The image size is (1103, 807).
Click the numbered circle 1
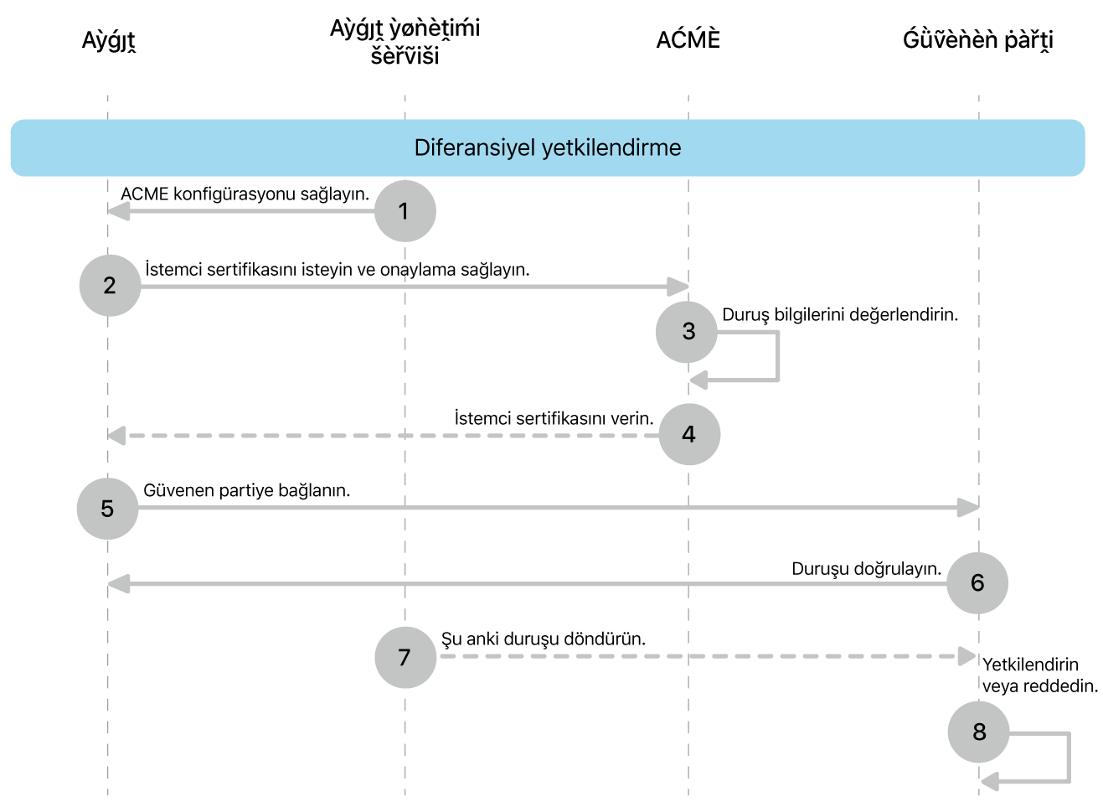pyautogui.click(x=405, y=211)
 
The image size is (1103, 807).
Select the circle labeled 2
pyautogui.click(x=110, y=286)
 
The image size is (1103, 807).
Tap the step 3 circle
pyautogui.click(x=688, y=332)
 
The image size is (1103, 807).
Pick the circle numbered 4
pyautogui.click(x=689, y=434)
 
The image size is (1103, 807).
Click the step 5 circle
pyautogui.click(x=107, y=509)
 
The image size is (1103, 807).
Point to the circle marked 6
pyautogui.click(x=977, y=583)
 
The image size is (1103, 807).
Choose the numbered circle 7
pyautogui.click(x=405, y=658)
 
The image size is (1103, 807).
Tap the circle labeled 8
pyautogui.click(x=978, y=732)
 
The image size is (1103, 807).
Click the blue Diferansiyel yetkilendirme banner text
pyautogui.click(x=548, y=148)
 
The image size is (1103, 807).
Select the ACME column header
pyautogui.click(x=688, y=39)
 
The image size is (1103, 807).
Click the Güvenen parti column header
pyautogui.click(x=977, y=40)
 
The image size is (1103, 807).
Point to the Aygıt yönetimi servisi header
pyautogui.click(x=405, y=41)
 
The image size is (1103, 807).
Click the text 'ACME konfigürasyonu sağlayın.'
pyautogui.click(x=245, y=194)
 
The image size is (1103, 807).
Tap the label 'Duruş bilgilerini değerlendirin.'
pyautogui.click(x=840, y=315)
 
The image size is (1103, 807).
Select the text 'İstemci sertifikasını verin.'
pyautogui.click(x=554, y=418)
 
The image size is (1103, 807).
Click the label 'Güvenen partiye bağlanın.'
pyautogui.click(x=247, y=490)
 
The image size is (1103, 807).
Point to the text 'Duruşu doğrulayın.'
pyautogui.click(x=866, y=569)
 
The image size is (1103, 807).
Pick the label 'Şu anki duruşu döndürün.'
pyautogui.click(x=544, y=639)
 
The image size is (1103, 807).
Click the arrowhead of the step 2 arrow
pyautogui.click(x=678, y=287)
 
